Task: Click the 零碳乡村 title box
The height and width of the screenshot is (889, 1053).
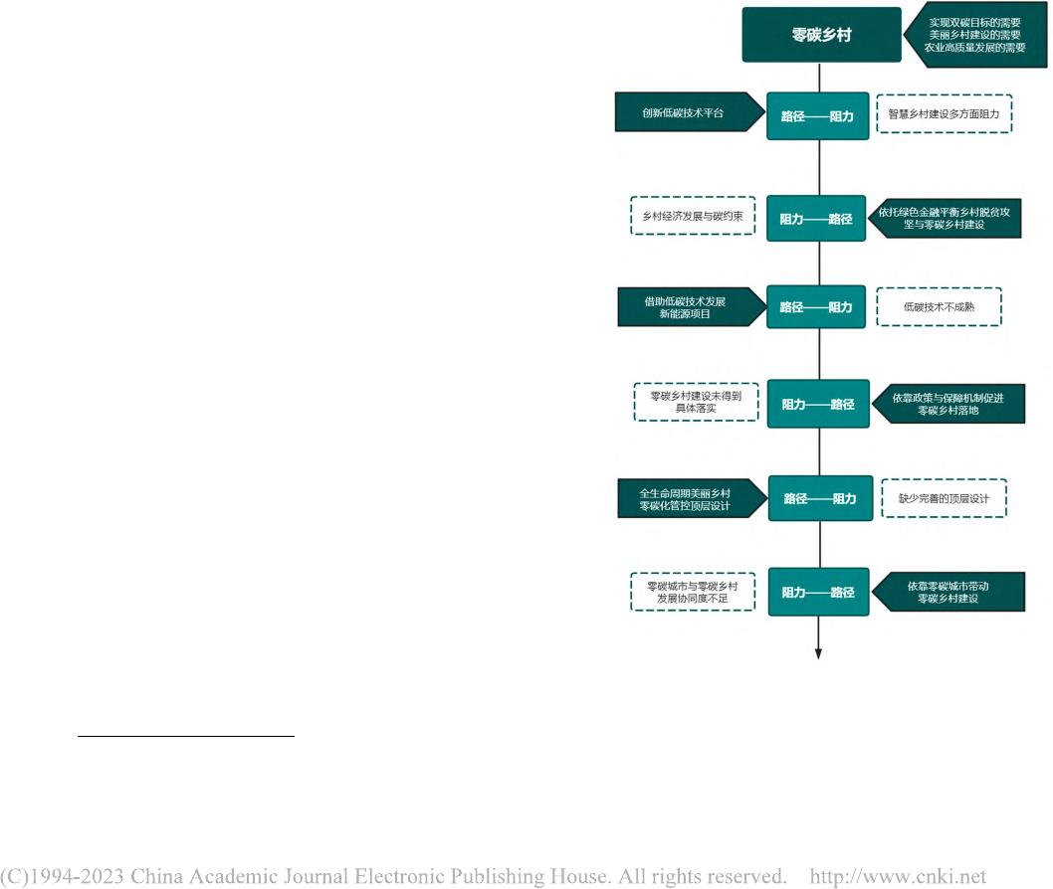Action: pos(821,35)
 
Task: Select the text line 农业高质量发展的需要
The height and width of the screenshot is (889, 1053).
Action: pos(974,48)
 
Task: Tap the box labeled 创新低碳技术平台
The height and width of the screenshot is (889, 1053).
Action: pos(690,112)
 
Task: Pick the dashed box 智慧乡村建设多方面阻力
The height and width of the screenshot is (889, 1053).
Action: pos(944,114)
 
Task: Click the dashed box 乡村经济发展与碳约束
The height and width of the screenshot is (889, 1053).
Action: pos(693,216)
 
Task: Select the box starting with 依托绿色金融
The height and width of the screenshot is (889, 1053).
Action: pos(945,218)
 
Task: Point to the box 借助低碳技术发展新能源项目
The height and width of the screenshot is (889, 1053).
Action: pos(691,307)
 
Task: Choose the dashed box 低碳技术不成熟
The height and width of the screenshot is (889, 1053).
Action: pos(939,307)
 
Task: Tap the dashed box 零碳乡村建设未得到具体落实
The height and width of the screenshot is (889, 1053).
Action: pos(696,402)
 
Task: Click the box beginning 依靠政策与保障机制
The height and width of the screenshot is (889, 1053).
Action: pos(948,404)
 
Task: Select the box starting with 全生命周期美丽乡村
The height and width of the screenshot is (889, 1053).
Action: pos(692,499)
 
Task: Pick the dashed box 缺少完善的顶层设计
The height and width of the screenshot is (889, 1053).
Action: pos(944,498)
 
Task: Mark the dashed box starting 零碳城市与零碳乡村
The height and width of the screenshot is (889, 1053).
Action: pos(693,592)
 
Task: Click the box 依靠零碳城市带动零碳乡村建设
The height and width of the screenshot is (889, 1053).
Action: pos(948,592)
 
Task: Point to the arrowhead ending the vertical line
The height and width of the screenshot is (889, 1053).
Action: pos(819,654)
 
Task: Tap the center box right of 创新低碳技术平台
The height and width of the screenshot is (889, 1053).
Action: pos(817,116)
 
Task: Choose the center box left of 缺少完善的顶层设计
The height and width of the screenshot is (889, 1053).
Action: pos(820,498)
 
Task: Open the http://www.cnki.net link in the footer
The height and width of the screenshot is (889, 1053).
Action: pos(898,876)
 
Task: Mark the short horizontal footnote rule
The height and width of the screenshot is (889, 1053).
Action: pos(186,736)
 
